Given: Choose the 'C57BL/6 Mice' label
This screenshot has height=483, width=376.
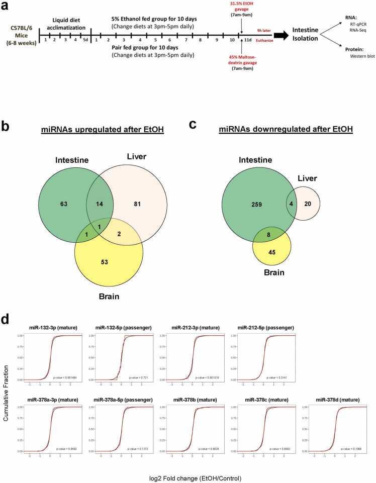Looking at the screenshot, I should click(x=19, y=36).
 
